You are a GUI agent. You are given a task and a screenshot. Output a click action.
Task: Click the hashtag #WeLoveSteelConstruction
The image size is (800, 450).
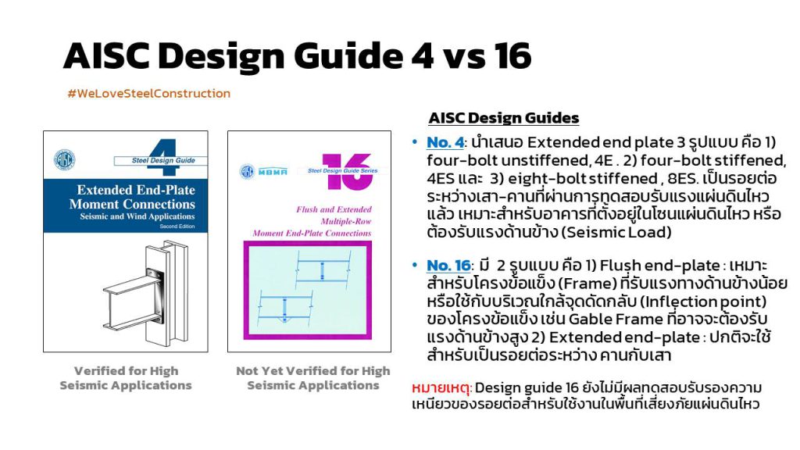(x=149, y=94)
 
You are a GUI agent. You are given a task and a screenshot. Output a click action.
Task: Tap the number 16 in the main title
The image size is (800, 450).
(x=512, y=55)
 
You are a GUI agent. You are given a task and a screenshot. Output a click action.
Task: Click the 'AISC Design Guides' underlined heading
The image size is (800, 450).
(x=504, y=118)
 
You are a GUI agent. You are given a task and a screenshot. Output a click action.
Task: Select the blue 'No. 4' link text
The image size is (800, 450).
(x=445, y=142)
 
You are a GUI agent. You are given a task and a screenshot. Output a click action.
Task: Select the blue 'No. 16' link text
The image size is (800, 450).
(x=448, y=266)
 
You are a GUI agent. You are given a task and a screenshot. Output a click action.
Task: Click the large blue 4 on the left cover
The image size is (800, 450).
(x=163, y=156)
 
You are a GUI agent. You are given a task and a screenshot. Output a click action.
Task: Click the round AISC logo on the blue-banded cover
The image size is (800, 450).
(x=65, y=159)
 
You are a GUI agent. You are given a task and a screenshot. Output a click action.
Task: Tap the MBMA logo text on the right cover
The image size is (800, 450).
(x=273, y=172)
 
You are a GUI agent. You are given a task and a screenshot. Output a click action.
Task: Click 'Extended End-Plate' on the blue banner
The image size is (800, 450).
(x=136, y=191)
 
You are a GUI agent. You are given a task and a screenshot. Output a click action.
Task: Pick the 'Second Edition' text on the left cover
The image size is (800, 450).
(x=177, y=226)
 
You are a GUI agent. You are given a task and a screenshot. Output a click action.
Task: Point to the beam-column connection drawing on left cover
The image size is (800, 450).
(x=146, y=294)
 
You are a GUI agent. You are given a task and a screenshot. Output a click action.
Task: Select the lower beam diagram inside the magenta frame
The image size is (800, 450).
(x=284, y=308)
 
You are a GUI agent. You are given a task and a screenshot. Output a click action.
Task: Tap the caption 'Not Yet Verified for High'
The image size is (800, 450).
(x=312, y=371)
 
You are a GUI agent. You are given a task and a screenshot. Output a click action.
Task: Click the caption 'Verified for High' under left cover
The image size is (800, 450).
(x=126, y=371)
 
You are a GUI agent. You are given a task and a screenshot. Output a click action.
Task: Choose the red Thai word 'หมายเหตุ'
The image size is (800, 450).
(x=440, y=388)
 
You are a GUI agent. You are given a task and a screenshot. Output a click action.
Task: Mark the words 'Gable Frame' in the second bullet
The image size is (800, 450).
(x=616, y=320)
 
